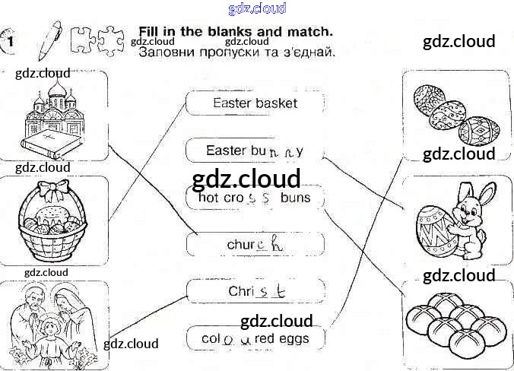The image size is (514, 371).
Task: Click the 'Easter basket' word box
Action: (x=255, y=103)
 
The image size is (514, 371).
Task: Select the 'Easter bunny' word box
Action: (x=255, y=151)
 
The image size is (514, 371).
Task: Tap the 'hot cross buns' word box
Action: (x=255, y=198)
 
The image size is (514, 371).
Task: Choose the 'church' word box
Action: (x=255, y=245)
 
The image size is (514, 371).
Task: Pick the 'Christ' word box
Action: (x=255, y=291)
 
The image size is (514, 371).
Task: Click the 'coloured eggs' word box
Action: (x=255, y=338)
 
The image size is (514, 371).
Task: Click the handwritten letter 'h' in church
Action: (x=278, y=245)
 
